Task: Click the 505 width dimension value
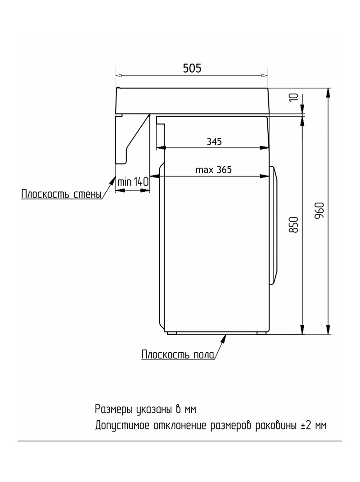click(192, 68)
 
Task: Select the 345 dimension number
click(214, 141)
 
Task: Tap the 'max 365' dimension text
click(213, 170)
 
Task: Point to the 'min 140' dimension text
click(133, 182)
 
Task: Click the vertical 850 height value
click(294, 225)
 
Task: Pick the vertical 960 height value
click(319, 210)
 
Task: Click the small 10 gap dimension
click(294, 97)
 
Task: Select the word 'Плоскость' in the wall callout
click(46, 194)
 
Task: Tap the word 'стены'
click(88, 195)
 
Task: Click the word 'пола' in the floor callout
click(204, 355)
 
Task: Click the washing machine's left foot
click(171, 333)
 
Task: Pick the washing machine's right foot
click(262, 333)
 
